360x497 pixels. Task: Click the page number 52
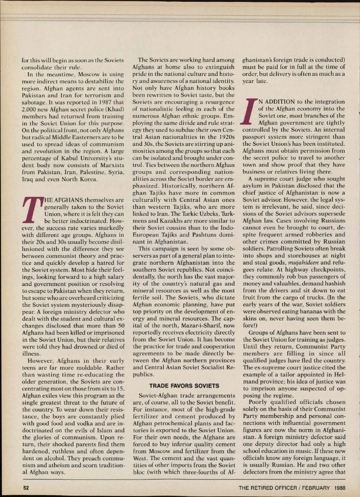coord(26,488)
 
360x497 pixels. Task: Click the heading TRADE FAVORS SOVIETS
coord(184,386)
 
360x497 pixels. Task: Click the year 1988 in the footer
coord(340,488)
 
